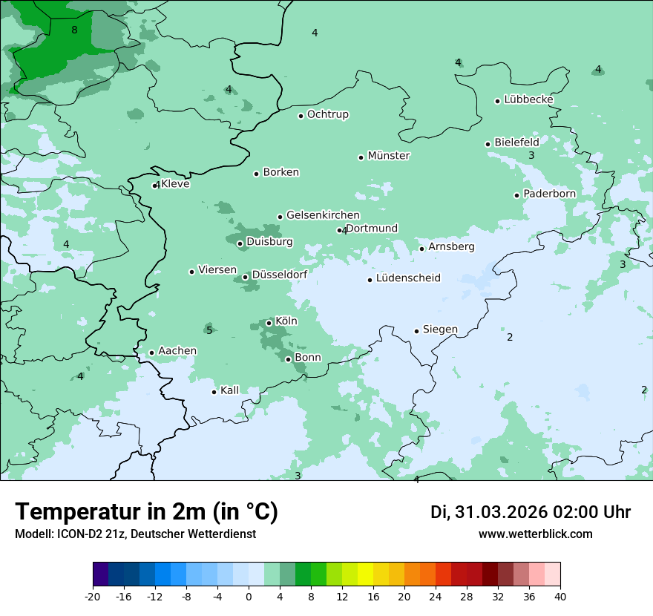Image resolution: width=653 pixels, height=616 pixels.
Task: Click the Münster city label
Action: pyautogui.click(x=389, y=156)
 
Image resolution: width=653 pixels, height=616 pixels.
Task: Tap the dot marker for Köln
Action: pyautogui.click(x=269, y=323)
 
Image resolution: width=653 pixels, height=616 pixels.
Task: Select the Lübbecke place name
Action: pyautogui.click(x=528, y=99)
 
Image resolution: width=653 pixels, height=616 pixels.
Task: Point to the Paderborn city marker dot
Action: pyautogui.click(x=517, y=195)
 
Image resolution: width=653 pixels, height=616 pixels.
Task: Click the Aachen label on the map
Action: pyautogui.click(x=177, y=351)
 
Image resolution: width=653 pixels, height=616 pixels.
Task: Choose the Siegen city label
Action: pyautogui.click(x=440, y=330)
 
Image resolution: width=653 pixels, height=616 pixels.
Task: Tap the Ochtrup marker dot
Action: pyautogui.click(x=301, y=116)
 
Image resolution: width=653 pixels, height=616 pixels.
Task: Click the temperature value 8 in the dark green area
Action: pyautogui.click(x=74, y=30)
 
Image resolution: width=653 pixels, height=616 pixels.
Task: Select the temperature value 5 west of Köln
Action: pyautogui.click(x=209, y=330)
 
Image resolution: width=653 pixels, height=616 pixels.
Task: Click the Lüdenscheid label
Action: pyautogui.click(x=408, y=278)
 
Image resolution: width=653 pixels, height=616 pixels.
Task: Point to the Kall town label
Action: pyautogui.click(x=230, y=390)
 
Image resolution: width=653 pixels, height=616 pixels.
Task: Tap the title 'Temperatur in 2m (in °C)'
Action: pyautogui.click(x=146, y=512)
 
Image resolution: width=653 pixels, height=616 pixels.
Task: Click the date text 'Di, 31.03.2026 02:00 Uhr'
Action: pyautogui.click(x=531, y=512)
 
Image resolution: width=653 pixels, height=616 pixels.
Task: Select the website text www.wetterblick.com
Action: pyautogui.click(x=536, y=534)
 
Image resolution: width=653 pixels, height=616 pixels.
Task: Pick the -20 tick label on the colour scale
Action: pyautogui.click(x=93, y=597)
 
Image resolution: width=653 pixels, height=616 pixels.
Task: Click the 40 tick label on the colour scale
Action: pyautogui.click(x=560, y=597)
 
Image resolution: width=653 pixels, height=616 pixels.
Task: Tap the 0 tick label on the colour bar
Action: pyautogui.click(x=249, y=597)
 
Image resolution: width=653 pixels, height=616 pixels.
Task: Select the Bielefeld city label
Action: pyautogui.click(x=516, y=142)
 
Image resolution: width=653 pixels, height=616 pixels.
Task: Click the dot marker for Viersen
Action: pyautogui.click(x=191, y=272)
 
